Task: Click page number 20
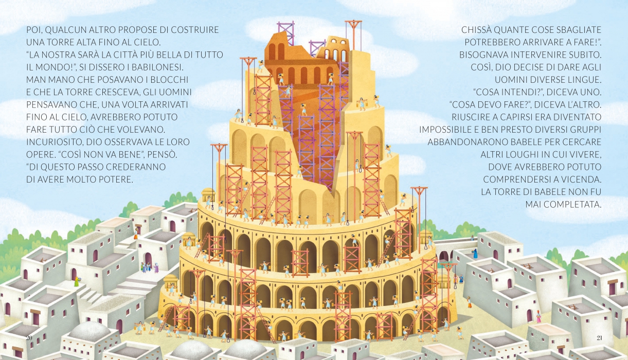click(29, 337)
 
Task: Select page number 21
click(599, 337)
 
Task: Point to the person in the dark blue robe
click(475, 254)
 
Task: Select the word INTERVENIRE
click(533, 55)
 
